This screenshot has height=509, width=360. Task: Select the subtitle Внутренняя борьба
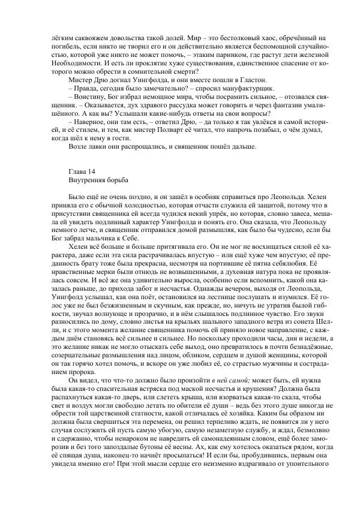(97, 179)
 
